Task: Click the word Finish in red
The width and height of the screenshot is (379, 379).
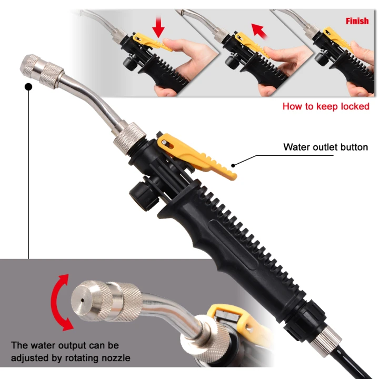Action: pos(357,21)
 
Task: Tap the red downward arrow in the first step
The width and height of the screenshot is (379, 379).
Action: pos(158,27)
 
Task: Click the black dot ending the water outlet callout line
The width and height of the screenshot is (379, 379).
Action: pos(233,166)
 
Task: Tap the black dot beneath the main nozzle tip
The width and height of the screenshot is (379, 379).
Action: pos(28,87)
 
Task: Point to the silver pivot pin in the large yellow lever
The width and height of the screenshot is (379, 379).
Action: pos(164,142)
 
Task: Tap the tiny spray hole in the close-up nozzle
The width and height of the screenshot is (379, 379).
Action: pos(83,301)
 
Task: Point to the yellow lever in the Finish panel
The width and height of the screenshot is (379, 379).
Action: pos(338,38)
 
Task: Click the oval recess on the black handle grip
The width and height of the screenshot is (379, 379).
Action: pos(233,244)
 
